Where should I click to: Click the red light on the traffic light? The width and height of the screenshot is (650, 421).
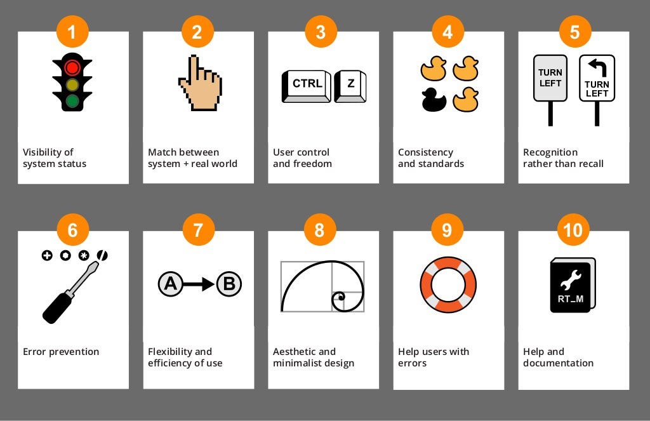73,67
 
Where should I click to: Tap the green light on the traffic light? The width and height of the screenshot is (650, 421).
73,100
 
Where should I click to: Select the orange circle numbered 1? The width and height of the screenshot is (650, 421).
72,31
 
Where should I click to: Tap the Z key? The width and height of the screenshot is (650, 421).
350,84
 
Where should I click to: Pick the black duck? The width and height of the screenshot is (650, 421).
434,98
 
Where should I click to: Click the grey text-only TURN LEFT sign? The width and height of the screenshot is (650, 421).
550,78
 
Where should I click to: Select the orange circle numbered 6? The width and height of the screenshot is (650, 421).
72,230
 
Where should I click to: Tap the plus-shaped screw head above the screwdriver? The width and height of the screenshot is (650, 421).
46,255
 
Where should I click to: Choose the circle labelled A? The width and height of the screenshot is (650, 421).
170,284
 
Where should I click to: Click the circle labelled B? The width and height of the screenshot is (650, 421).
229,284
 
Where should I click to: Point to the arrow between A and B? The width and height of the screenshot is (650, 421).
199,284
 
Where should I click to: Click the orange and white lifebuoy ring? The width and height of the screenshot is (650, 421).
448,284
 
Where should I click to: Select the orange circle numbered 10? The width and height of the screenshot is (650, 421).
573,230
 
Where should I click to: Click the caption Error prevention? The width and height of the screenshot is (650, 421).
61,352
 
